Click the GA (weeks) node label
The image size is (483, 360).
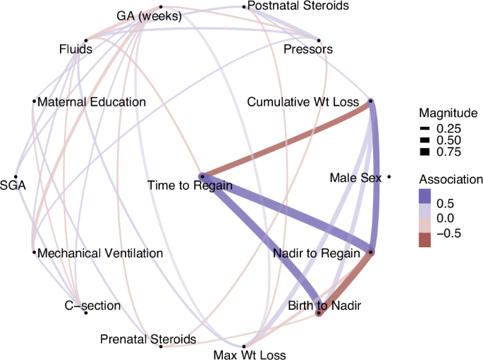[x=149, y=16]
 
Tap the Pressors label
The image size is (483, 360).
[x=307, y=49]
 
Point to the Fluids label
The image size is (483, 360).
[x=77, y=49]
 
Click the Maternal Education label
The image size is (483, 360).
[x=92, y=102]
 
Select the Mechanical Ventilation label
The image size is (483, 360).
[x=101, y=252]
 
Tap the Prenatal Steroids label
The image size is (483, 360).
[x=148, y=340]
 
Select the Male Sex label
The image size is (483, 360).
[x=355, y=178]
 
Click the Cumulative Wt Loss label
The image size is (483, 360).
[x=302, y=102]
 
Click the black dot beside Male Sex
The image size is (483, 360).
[x=389, y=178]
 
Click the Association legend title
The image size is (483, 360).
[x=451, y=179]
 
